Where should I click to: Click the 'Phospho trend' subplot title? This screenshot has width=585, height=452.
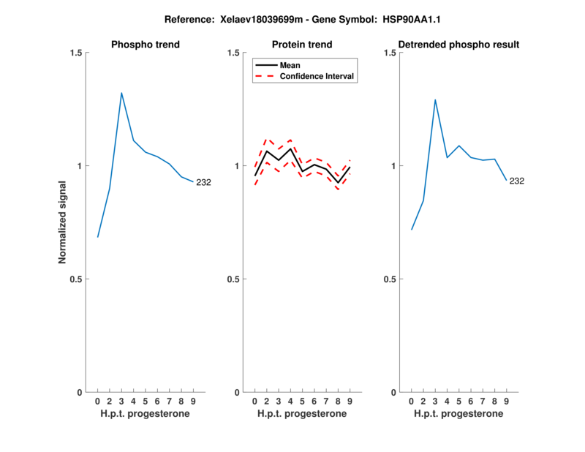click(x=146, y=45)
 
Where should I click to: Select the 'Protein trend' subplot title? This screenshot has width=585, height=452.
click(x=302, y=45)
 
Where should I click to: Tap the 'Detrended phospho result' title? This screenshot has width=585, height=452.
click(x=459, y=45)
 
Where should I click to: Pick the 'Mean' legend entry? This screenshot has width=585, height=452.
click(x=290, y=65)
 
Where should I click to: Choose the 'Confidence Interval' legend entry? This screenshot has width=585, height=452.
click(x=317, y=76)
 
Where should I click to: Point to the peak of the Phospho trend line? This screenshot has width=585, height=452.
click(x=121, y=93)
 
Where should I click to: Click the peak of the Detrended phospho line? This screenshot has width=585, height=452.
click(x=435, y=99)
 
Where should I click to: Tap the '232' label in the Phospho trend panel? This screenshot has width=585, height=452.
click(x=203, y=182)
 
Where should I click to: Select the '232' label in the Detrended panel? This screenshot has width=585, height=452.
click(x=517, y=181)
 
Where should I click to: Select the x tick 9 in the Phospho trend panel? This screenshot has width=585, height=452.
click(x=193, y=402)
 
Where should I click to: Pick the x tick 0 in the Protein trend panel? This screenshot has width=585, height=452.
click(x=254, y=402)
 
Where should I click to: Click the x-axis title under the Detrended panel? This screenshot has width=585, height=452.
click(x=458, y=414)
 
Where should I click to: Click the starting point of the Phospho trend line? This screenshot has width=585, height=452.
click(x=97, y=237)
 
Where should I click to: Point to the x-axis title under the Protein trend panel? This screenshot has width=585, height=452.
click(x=302, y=414)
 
